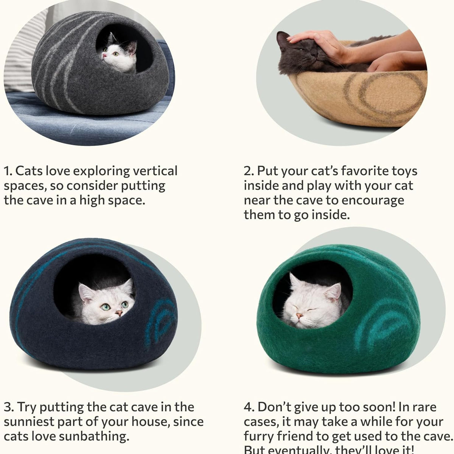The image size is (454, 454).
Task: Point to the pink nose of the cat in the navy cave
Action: (119, 313)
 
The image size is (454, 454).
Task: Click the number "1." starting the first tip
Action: (8, 171)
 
